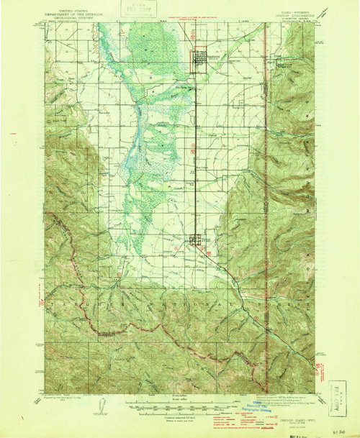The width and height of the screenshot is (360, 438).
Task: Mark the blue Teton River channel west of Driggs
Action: pyautogui.click(x=137, y=115)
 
